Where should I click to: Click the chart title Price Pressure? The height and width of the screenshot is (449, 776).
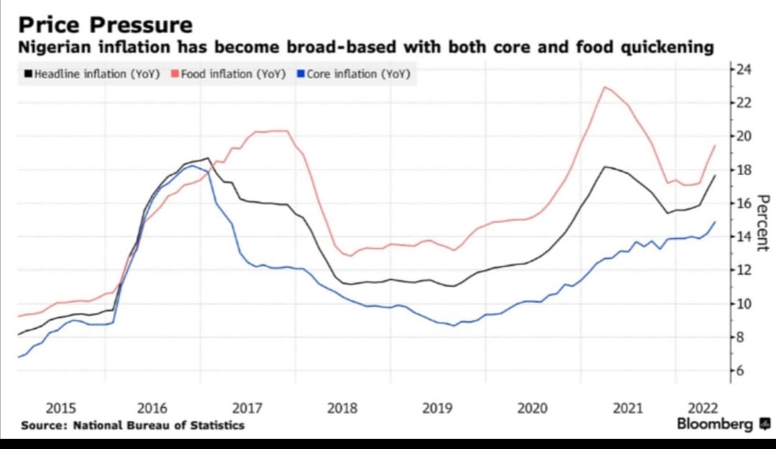105,25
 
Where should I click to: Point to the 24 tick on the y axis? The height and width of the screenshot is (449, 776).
743,70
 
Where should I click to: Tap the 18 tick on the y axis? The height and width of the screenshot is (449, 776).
743,170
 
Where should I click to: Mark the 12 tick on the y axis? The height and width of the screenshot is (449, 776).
743,270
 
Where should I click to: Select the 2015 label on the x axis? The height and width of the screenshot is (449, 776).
61,409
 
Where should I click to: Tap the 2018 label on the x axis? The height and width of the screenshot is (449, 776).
342,409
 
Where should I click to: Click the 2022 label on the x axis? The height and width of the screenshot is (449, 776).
703,409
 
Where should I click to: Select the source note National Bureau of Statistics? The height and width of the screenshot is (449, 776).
133,425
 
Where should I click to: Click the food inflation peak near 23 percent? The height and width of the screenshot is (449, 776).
605,87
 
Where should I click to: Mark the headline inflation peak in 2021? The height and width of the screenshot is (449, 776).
605,167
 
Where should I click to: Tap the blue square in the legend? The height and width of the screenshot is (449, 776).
301,74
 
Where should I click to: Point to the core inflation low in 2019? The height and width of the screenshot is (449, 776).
453,325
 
